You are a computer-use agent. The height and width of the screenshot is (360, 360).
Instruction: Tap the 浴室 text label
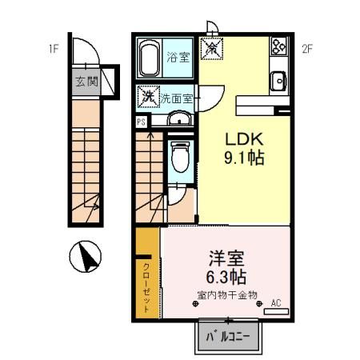pyautogui.click(x=178, y=58)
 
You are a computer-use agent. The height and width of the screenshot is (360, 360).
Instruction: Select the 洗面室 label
pyautogui.click(x=175, y=99)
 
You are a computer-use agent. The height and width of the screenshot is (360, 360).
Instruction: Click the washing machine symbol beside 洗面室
pyautogui.click(x=147, y=96)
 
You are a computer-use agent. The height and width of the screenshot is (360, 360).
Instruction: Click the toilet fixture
pyautogui.click(x=181, y=155)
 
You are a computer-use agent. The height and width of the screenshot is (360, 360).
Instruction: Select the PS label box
pyautogui.click(x=141, y=122)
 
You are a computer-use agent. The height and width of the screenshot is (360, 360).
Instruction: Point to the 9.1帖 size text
pyautogui.click(x=243, y=157)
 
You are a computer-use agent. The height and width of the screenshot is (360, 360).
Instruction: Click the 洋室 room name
pyautogui.click(x=226, y=259)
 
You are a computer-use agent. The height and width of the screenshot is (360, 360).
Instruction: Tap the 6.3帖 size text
pyautogui.click(x=226, y=278)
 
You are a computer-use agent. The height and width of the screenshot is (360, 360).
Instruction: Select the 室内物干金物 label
pyautogui.click(x=226, y=295)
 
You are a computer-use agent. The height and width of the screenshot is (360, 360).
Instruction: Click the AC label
pyautogui.click(x=276, y=302)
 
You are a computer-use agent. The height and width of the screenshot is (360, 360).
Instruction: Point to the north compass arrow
pyautogui.click(x=90, y=258)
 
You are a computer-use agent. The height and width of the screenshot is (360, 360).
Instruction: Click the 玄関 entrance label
pyautogui.click(x=86, y=81)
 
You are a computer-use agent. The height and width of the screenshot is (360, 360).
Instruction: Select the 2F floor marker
pyautogui.click(x=306, y=48)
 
